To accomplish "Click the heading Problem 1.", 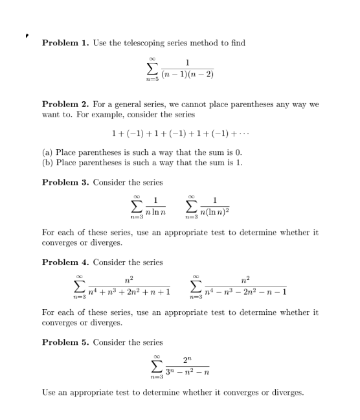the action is pos(65,43).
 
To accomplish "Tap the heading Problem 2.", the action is pos(65,104).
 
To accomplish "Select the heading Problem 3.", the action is pos(65,182).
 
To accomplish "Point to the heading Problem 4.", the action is pos(65,262).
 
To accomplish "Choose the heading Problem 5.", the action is pos(65,342).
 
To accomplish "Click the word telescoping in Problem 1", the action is pos(143,43).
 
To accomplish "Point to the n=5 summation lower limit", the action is pos(153,80).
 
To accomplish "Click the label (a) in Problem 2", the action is pos(47,153).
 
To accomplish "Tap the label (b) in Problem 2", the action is pos(47,163).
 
